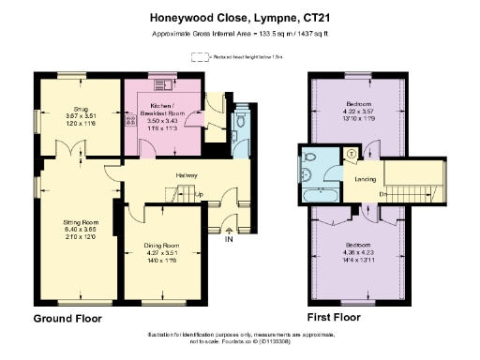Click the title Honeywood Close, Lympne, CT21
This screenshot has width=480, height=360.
pyautogui.click(x=239, y=17)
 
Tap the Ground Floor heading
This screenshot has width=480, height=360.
pyautogui.click(x=67, y=319)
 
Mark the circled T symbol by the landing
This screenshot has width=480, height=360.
pyautogui.click(x=352, y=154)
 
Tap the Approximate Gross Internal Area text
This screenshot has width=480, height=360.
pyautogui.click(x=239, y=35)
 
